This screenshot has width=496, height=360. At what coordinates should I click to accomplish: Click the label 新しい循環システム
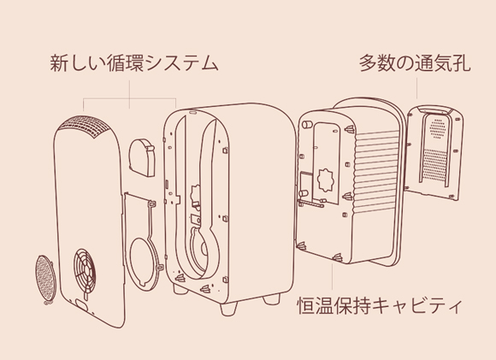pyautogui.click(x=133, y=62)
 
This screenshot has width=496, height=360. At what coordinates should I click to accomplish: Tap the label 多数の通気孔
pyautogui.click(x=415, y=62)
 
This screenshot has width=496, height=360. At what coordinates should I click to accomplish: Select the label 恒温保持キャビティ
pyautogui.click(x=380, y=305)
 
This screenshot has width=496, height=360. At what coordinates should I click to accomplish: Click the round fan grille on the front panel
pyautogui.click(x=85, y=270)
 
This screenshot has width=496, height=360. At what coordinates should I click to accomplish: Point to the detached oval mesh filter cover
pyautogui.click(x=45, y=278)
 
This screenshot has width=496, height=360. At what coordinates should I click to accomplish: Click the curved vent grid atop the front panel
pyautogui.click(x=83, y=127)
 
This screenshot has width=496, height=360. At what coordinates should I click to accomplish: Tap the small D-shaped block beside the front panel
pyautogui.click(x=142, y=157)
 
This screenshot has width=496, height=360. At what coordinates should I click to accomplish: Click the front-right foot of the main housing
pyautogui.click(x=228, y=308)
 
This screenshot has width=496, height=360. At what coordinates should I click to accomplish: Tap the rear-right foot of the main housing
pyautogui.click(x=271, y=298)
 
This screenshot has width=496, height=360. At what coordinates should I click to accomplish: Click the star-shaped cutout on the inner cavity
pyautogui.click(x=326, y=180)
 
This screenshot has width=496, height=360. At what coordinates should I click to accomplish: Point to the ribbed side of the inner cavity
pyautogui.click(x=376, y=171)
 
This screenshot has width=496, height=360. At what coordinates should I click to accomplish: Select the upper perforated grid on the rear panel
pyautogui.click(x=437, y=128)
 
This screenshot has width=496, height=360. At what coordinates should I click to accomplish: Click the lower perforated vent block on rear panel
pyautogui.click(x=435, y=164)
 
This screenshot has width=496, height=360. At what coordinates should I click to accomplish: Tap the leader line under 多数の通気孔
pyautogui.click(x=416, y=88)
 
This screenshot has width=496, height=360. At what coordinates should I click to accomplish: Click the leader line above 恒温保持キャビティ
pyautogui.click(x=332, y=276)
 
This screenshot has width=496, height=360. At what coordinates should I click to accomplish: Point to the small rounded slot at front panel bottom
pyautogui.click(x=83, y=304)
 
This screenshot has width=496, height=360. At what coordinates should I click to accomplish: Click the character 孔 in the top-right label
pyautogui.click(x=462, y=62)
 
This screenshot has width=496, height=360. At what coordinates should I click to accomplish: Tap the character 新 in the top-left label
pyautogui.click(x=59, y=62)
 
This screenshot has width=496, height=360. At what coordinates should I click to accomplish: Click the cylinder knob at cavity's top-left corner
pyautogui.click(x=306, y=124)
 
